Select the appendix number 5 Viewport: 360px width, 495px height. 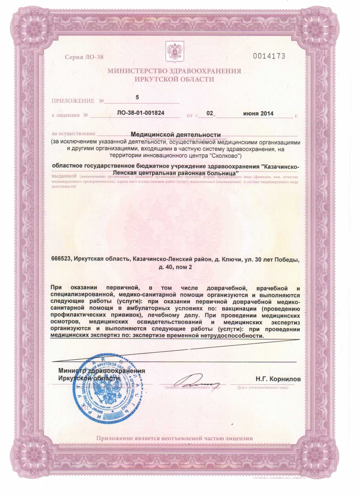click(x=138, y=97)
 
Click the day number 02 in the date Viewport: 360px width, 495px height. click(x=209, y=113)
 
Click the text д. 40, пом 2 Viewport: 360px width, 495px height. click(x=175, y=267)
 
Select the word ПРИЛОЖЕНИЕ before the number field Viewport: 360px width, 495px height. click(x=73, y=101)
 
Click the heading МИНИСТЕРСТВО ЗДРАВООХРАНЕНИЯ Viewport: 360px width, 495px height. click(x=174, y=71)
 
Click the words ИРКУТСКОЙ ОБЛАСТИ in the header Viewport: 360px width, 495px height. click(x=174, y=79)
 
